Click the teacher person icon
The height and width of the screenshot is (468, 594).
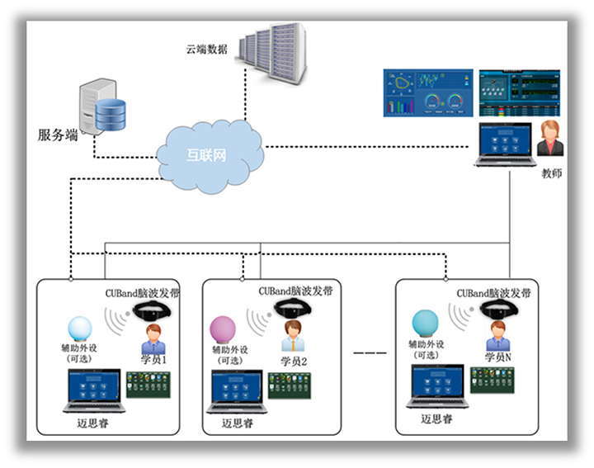[550, 139]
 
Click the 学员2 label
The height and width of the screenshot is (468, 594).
[294, 361]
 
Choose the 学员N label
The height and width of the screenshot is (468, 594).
[497, 357]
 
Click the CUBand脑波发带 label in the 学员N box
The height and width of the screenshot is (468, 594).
[493, 293]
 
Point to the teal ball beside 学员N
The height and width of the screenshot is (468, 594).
[427, 321]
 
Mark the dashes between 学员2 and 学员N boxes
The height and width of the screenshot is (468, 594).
[370, 353]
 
